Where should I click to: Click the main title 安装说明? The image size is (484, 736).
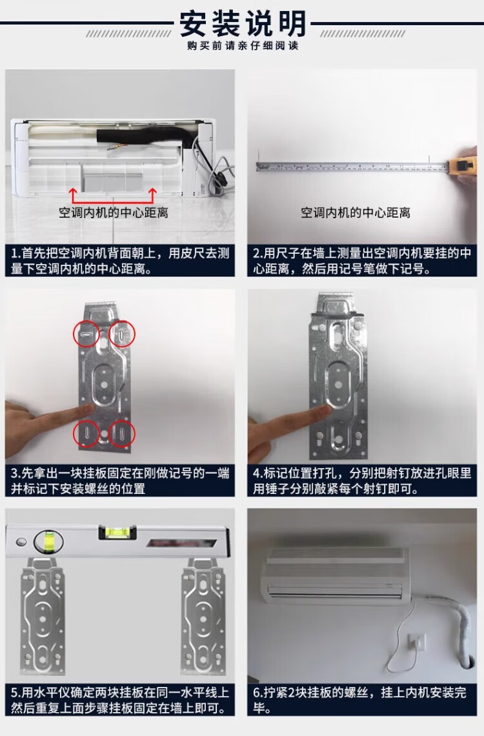[x=243, y=23]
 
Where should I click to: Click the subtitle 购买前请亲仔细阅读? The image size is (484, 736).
[x=243, y=46]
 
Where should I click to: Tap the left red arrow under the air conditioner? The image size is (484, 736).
[x=73, y=195]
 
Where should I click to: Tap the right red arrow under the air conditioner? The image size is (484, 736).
[x=152, y=195]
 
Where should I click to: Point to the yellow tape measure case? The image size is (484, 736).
[x=463, y=166]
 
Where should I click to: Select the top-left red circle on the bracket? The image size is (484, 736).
[x=86, y=334]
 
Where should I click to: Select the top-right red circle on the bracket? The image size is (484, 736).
[x=122, y=334]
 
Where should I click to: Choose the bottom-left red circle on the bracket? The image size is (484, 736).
[x=86, y=434]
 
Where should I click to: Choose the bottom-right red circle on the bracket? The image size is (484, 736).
[x=122, y=434]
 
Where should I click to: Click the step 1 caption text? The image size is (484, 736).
[x=120, y=261]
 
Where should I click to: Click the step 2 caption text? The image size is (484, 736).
[x=361, y=261]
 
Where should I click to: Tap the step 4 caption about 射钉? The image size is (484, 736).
[x=361, y=480]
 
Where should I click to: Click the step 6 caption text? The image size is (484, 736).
[x=359, y=700]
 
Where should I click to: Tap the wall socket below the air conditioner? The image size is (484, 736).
[x=416, y=642]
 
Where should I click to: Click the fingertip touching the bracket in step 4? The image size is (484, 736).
[x=323, y=412]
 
